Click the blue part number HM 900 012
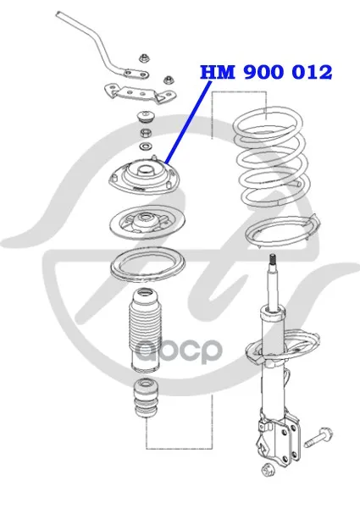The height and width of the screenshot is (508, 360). [266, 72]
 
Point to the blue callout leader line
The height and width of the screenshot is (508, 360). [188, 122]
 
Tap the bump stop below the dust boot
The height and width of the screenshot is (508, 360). [146, 399]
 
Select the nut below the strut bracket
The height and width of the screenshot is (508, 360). [268, 469]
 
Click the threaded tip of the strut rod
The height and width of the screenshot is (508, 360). [273, 260]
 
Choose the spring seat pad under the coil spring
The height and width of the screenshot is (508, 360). [282, 232]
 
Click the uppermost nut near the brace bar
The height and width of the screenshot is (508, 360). [143, 58]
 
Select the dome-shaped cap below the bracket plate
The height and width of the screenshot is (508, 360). [145, 117]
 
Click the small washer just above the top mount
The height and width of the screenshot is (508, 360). [145, 146]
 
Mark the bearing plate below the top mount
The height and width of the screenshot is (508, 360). [147, 223]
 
